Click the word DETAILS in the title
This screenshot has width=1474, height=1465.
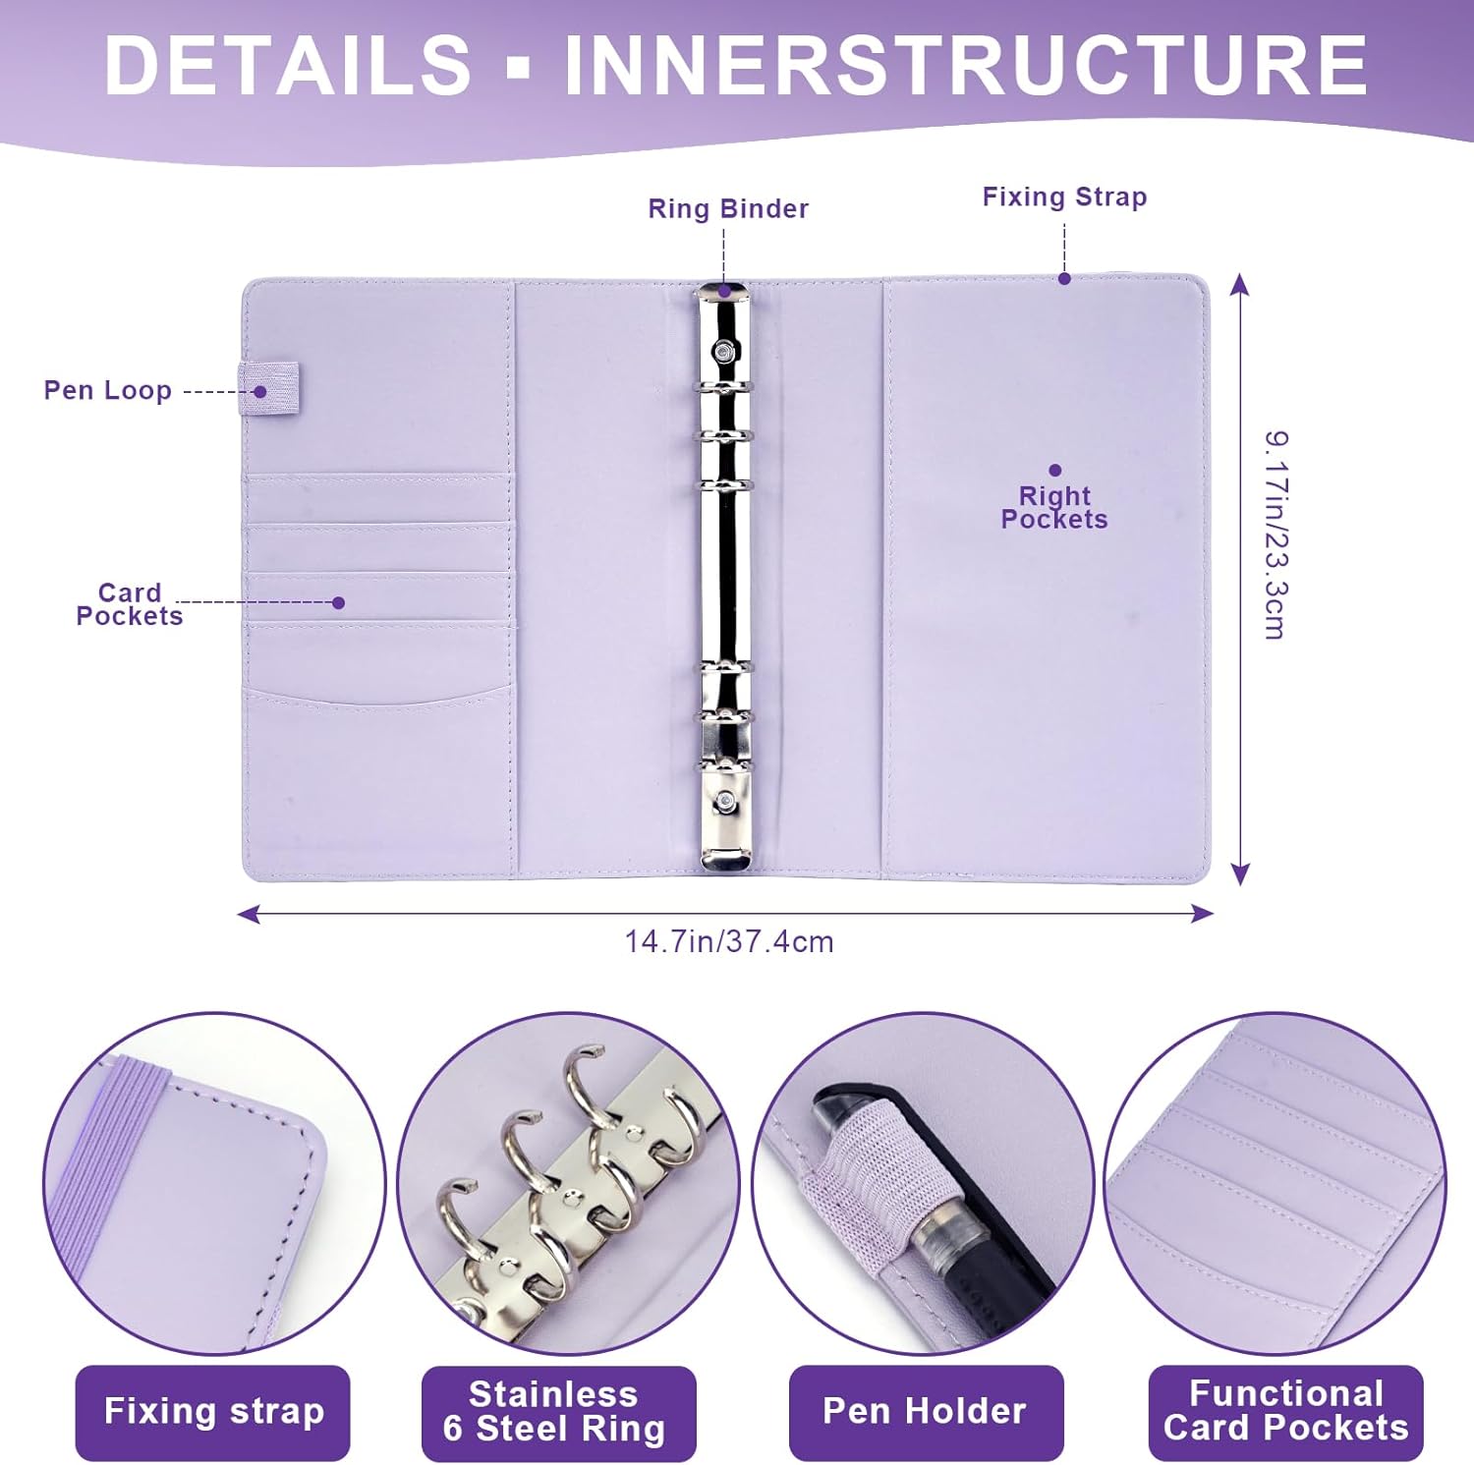(x=287, y=65)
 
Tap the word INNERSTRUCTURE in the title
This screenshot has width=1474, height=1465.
(x=964, y=65)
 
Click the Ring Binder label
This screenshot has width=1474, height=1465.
(x=728, y=208)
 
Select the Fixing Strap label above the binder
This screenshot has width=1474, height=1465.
(x=1064, y=197)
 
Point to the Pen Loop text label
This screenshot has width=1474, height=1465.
(x=108, y=390)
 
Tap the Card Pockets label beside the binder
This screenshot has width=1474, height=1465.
(x=130, y=604)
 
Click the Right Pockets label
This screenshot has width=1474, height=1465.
(x=1054, y=507)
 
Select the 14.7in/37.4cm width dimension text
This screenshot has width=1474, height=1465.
(x=729, y=941)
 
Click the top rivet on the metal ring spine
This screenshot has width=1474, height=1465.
(x=725, y=349)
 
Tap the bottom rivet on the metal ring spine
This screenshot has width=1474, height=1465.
(x=724, y=801)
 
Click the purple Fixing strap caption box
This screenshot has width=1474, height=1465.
(x=213, y=1412)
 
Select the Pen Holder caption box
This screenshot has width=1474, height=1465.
(x=926, y=1412)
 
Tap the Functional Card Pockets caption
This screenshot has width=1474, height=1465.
(x=1285, y=1412)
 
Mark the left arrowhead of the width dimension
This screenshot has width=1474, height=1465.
(x=249, y=914)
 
